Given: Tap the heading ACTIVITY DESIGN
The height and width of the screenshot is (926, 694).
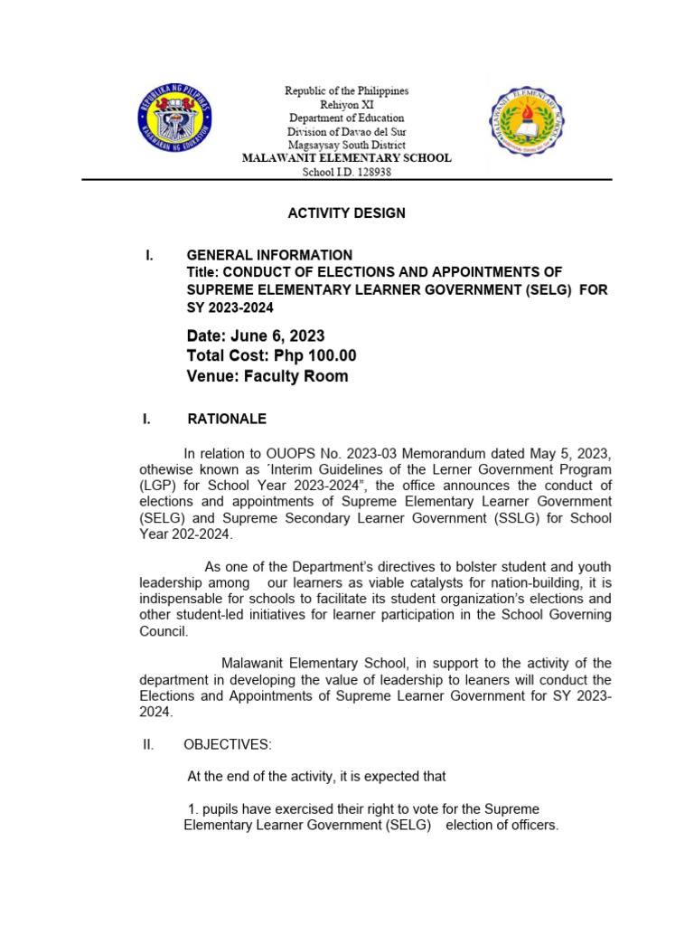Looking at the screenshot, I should pyautogui.click(x=346, y=213).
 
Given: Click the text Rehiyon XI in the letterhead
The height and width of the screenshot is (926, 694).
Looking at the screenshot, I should pyautogui.click(x=347, y=105).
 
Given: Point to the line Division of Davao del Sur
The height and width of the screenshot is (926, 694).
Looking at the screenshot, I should pyautogui.click(x=347, y=131).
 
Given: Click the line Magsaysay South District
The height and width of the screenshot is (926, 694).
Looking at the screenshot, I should pyautogui.click(x=347, y=145).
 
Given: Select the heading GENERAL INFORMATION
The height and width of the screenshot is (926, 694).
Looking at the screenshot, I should pyautogui.click(x=269, y=255).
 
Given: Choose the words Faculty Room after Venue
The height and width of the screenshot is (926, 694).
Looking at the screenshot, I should pyautogui.click(x=295, y=376).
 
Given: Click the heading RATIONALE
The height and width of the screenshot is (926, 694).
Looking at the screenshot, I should pyautogui.click(x=226, y=419).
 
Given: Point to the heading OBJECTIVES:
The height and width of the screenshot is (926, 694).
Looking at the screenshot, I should pyautogui.click(x=227, y=744).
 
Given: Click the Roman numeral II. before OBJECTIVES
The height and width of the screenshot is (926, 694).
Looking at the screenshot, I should pyautogui.click(x=148, y=744).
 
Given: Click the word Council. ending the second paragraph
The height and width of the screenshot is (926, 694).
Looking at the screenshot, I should pyautogui.click(x=164, y=631).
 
